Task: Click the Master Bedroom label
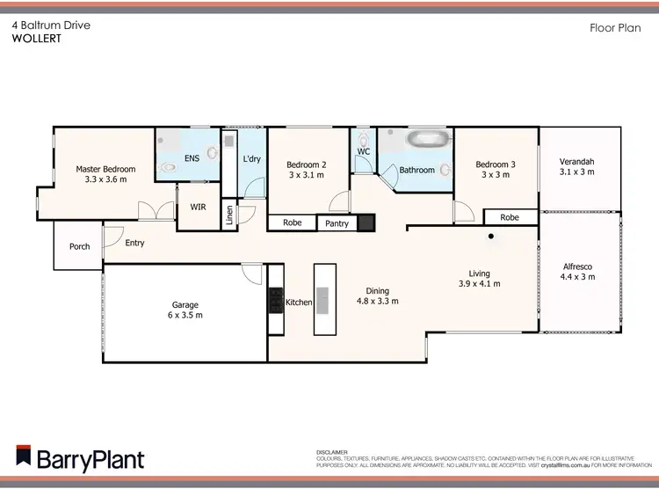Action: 105,169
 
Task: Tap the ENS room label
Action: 192,159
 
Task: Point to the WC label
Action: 363,152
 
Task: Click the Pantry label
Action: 337,223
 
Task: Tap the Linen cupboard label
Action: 230,215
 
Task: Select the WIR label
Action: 198,208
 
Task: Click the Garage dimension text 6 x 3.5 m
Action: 185,315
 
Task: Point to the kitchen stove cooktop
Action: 275,303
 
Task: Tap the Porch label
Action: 79,246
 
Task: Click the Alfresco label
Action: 578,266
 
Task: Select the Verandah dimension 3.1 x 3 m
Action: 578,172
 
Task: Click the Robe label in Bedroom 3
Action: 510,217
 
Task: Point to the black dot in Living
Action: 491,236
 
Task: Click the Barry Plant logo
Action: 80,459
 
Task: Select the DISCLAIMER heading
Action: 332,451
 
